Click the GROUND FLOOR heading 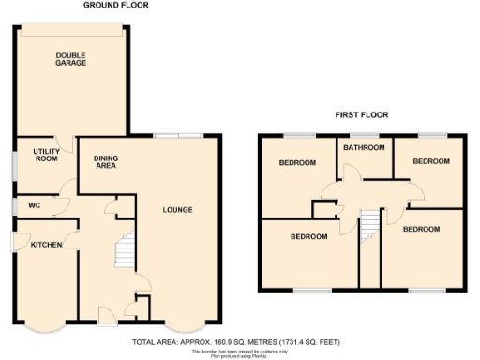pos(115,6)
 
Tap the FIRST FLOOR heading pos(362,114)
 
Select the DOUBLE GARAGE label pos(71,59)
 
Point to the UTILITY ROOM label pos(47,155)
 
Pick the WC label pos(34,205)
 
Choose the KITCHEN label pos(46,244)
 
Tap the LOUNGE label pos(177,209)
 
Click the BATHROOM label pos(363,147)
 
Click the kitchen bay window pos(44,327)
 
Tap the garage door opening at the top pos(71,25)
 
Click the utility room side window pos(13,160)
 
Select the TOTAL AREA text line pos(237,341)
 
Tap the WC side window pos(13,205)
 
